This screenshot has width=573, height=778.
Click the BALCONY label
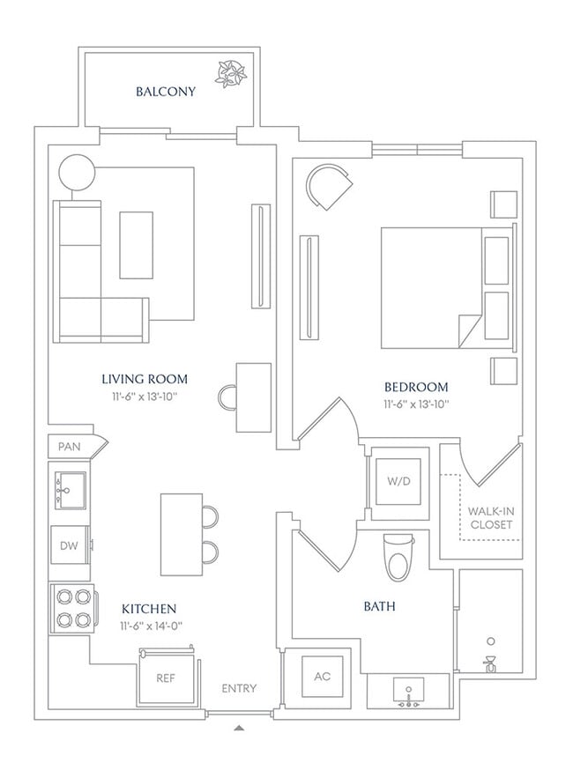click(166, 92)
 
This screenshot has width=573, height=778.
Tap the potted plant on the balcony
click(230, 74)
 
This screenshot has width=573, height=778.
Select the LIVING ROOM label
click(145, 379)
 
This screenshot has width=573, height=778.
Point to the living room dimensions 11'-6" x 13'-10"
click(145, 396)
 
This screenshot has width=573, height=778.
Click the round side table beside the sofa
click(77, 172)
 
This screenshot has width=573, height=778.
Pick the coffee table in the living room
click(136, 245)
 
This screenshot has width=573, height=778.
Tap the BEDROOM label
click(416, 387)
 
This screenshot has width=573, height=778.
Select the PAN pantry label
click(69, 446)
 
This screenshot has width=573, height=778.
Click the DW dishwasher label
click(69, 545)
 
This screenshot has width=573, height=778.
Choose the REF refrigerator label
click(166, 678)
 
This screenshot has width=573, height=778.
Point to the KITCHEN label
click(149, 609)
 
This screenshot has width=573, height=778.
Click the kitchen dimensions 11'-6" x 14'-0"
click(151, 626)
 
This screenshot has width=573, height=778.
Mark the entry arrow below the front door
click(239, 729)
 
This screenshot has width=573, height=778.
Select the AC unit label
click(323, 677)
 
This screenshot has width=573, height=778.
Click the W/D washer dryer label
click(399, 481)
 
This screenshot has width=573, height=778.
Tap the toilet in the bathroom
click(399, 557)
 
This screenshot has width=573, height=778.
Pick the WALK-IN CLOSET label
click(490, 517)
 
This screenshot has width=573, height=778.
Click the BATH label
click(379, 606)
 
